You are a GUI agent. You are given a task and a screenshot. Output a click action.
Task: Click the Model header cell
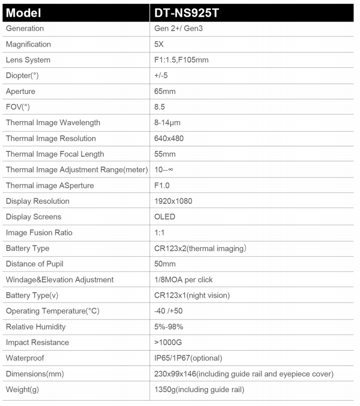24,13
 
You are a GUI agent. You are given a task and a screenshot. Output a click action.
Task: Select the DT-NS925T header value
187,13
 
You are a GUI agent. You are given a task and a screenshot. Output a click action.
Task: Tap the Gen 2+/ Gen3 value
179,28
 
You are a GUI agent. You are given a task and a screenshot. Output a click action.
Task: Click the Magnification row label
28,44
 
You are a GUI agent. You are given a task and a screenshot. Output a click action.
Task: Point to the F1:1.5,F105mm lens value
181,60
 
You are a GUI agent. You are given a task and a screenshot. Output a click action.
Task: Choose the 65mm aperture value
165,91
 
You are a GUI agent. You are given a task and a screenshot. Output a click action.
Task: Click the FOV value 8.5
160,107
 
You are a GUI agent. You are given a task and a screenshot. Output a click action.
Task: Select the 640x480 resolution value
169,138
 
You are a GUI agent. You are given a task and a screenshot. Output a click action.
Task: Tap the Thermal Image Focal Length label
55,154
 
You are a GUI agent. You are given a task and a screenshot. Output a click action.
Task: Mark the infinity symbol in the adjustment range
170,170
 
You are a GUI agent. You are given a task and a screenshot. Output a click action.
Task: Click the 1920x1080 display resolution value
173,201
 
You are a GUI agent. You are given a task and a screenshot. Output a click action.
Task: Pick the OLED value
165,217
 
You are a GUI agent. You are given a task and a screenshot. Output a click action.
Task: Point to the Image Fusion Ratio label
39,233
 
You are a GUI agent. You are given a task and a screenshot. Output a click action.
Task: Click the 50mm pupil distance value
165,264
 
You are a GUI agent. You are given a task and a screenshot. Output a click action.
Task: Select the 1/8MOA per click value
183,280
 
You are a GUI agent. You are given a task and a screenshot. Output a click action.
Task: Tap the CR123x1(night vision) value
192,296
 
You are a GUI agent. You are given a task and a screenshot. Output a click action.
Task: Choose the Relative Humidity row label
36,327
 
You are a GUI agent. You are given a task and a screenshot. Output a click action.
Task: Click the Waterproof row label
25,358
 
